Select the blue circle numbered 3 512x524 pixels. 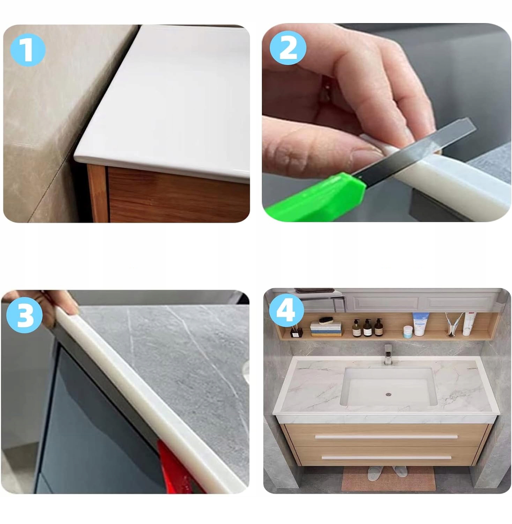[25, 315]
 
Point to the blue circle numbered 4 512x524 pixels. [286, 310]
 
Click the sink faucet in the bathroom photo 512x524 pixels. [387, 355]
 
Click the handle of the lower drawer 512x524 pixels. [386, 457]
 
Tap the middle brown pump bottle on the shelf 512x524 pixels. [367, 327]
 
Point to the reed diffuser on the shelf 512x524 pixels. [296, 329]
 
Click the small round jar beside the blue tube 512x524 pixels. [407, 332]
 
